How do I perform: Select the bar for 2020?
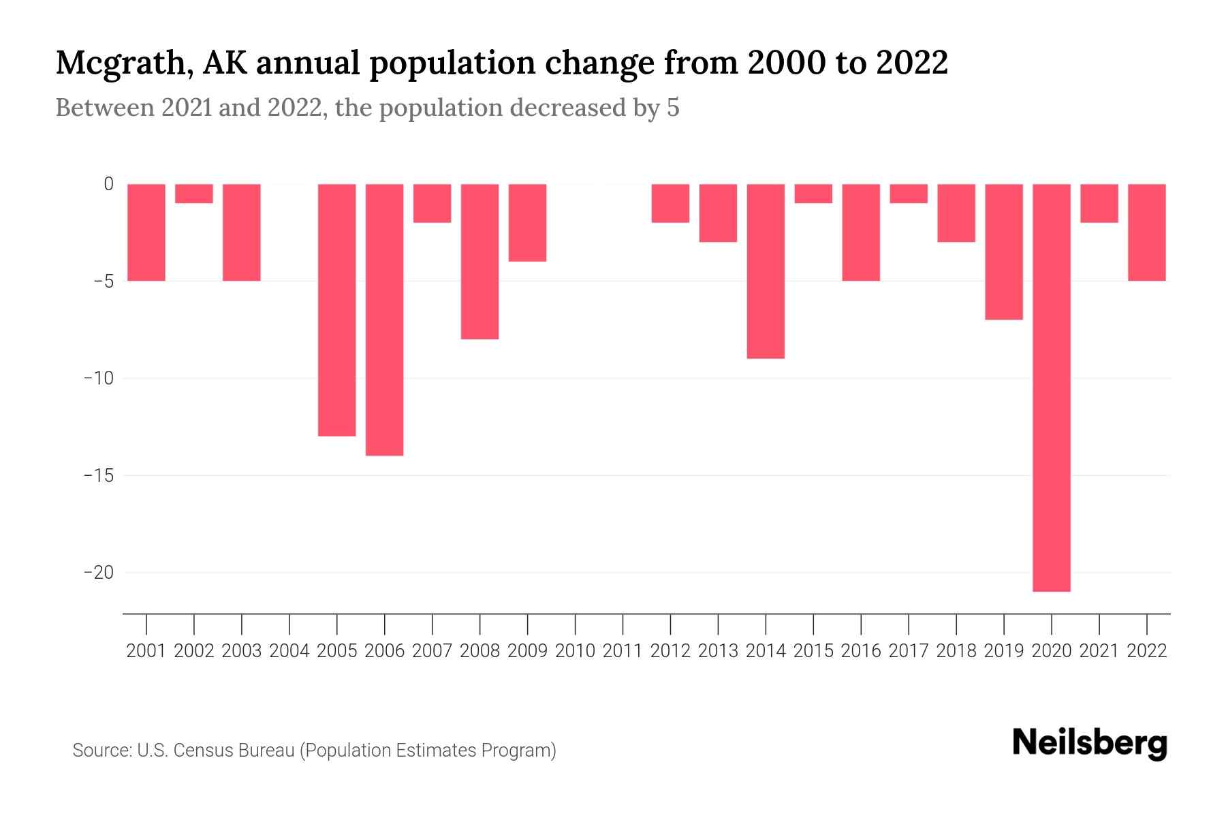tap(1052, 387)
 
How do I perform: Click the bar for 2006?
tap(385, 319)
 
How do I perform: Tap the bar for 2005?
tap(337, 309)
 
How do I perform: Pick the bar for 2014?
tap(766, 271)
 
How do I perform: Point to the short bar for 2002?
tap(194, 194)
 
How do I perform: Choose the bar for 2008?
tap(480, 261)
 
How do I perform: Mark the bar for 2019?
tap(1004, 252)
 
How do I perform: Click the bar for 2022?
tap(1147, 232)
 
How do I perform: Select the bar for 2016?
tap(861, 232)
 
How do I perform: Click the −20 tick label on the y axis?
tap(98, 573)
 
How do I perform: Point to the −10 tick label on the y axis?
tap(98, 378)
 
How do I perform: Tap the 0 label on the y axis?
tap(108, 184)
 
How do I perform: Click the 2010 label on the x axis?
tap(576, 651)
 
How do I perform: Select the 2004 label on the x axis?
tap(289, 651)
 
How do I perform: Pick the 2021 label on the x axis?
tap(1099, 651)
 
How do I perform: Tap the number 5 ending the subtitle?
tap(673, 108)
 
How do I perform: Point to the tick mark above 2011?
tap(623, 623)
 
